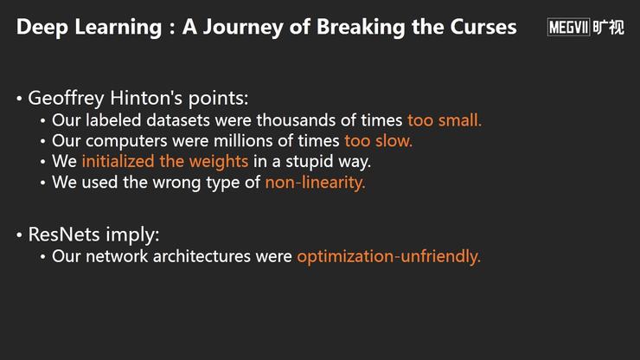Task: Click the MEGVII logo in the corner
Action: click(x=568, y=28)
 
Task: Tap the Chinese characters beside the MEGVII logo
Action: click(x=608, y=28)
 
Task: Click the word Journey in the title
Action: click(x=242, y=28)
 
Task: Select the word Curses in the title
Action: click(x=483, y=27)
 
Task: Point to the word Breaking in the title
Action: click(x=361, y=28)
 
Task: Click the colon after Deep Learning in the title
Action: click(x=172, y=29)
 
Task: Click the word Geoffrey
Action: click(x=66, y=99)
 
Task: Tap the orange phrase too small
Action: click(x=445, y=120)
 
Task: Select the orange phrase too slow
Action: click(x=378, y=141)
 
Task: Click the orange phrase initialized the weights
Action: click(x=165, y=162)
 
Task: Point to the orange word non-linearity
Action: click(x=315, y=183)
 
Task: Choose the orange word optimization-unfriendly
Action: click(x=388, y=257)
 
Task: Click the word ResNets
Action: click(x=64, y=235)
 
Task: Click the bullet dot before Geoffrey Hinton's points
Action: click(x=19, y=99)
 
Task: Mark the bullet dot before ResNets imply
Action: click(x=19, y=235)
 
